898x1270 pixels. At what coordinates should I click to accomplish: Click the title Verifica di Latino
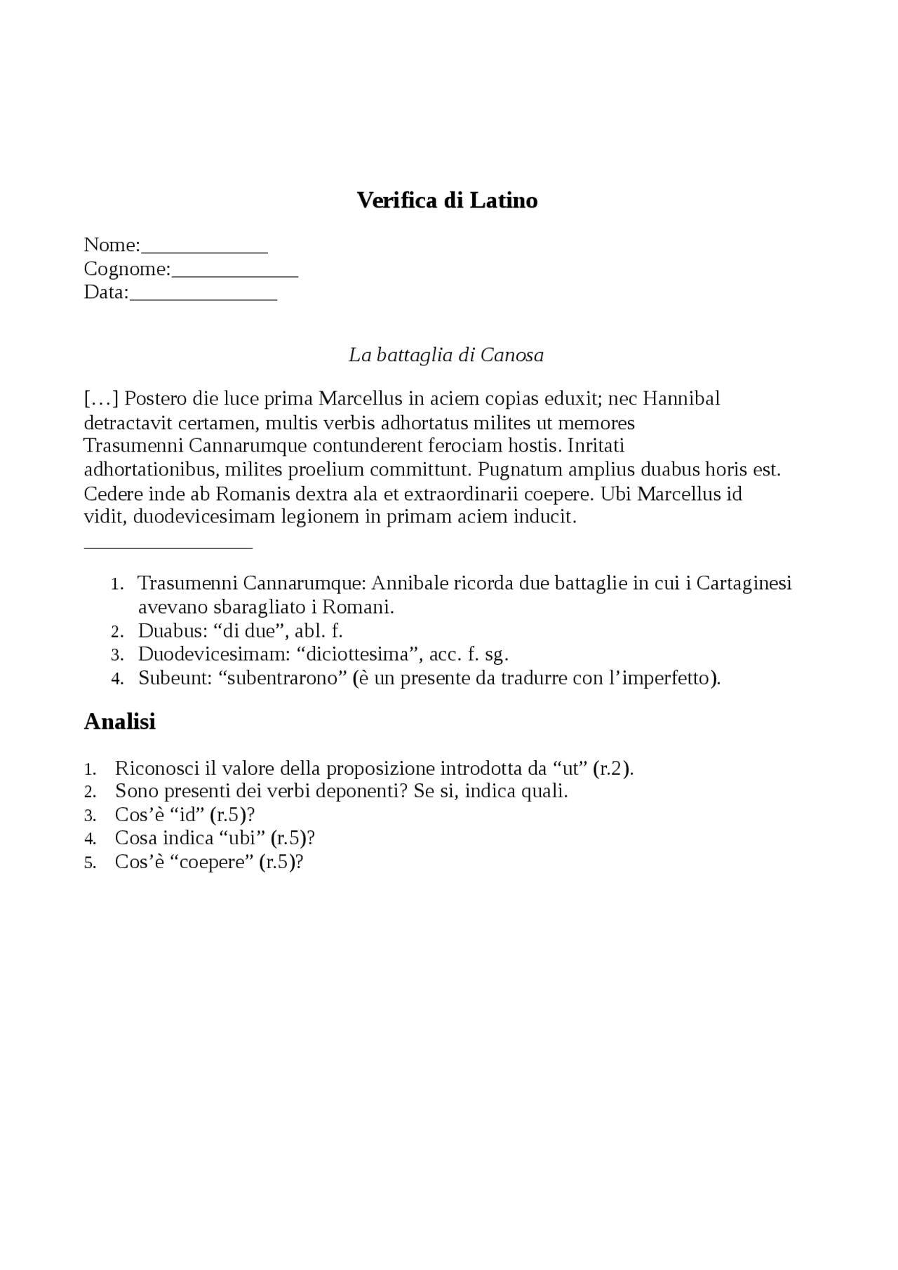pyautogui.click(x=447, y=201)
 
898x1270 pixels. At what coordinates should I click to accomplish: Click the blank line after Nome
pyautogui.click(x=204, y=250)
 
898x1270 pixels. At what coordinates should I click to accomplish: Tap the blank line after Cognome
pyautogui.click(x=235, y=274)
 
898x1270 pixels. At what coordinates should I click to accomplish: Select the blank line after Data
pyautogui.click(x=203, y=298)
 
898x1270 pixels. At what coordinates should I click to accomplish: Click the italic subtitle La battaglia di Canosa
pyautogui.click(x=446, y=355)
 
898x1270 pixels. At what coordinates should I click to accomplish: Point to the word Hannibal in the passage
pyautogui.click(x=681, y=398)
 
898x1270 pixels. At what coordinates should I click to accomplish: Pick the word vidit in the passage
pyautogui.click(x=103, y=518)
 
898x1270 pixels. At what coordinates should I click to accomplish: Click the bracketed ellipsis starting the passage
pyautogui.click(x=101, y=398)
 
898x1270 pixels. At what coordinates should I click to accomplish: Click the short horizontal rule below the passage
pyautogui.click(x=168, y=546)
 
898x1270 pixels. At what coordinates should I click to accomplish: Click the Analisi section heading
pyautogui.click(x=119, y=721)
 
